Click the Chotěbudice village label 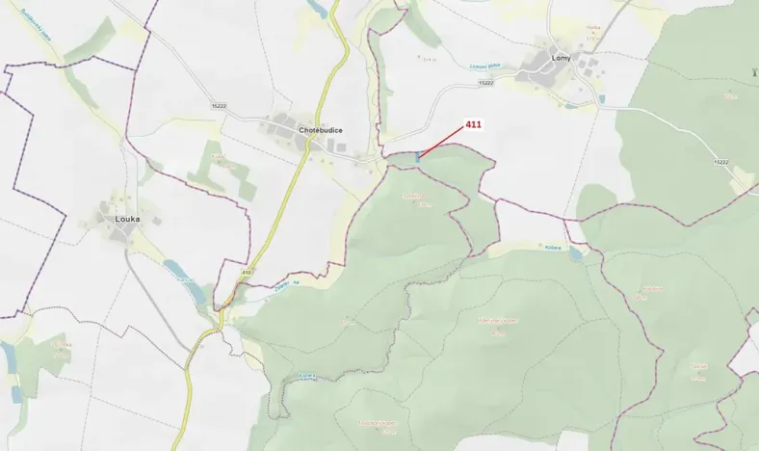pyautogui.click(x=321, y=129)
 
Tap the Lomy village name pyautogui.click(x=562, y=58)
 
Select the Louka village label pyautogui.click(x=127, y=219)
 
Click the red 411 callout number pyautogui.click(x=473, y=124)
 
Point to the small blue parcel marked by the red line pyautogui.click(x=417, y=156)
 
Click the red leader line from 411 pyautogui.click(x=443, y=142)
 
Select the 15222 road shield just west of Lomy pyautogui.click(x=485, y=83)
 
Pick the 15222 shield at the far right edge pyautogui.click(x=721, y=163)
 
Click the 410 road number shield pyautogui.click(x=247, y=273)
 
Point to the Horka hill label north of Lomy pyautogui.click(x=593, y=28)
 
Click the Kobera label pyautogui.click(x=553, y=247)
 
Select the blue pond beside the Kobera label pyautogui.click(x=575, y=253)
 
